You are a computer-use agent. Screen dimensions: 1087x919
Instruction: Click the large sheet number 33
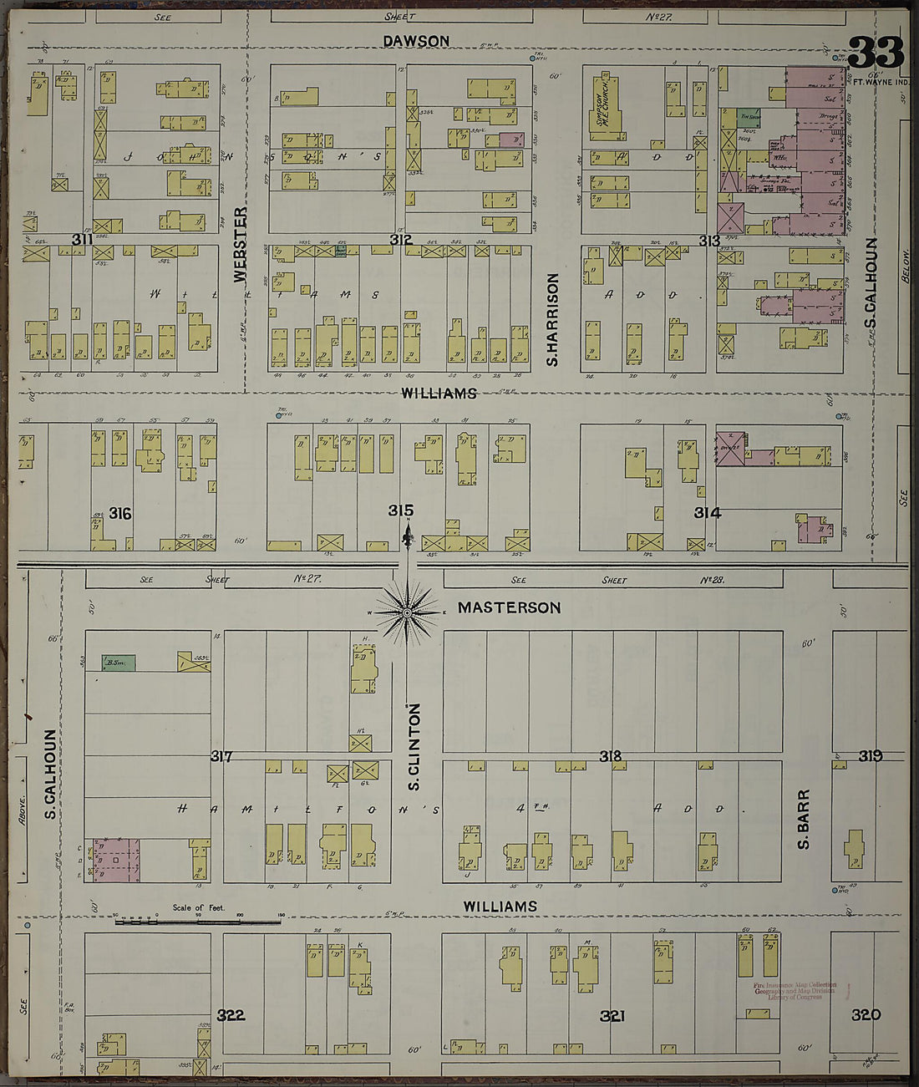[x=876, y=53]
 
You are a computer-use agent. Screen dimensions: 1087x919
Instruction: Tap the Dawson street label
[x=416, y=41]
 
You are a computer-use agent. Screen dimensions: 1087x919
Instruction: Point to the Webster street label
[x=241, y=244]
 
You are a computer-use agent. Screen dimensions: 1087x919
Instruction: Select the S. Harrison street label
[x=551, y=320]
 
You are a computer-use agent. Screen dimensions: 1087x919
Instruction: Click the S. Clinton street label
[x=414, y=746]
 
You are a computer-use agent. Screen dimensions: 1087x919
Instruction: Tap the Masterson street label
[x=509, y=607]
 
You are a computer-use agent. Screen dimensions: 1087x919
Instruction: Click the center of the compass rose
[x=407, y=613]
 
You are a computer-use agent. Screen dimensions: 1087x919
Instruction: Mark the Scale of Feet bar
[x=197, y=922]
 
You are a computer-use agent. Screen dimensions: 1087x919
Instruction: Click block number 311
[x=81, y=240]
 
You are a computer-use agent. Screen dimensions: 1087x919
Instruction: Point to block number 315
[x=400, y=510]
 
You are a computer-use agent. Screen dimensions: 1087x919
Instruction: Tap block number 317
[x=221, y=756]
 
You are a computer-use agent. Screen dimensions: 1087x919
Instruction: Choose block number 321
[x=612, y=1016]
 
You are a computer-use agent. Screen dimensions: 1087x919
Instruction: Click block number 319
[x=870, y=755]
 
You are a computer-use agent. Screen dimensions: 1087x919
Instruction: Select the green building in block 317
[x=118, y=663]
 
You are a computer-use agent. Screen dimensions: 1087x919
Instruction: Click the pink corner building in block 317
[x=116, y=861]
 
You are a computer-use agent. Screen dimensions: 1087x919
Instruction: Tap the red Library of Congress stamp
[x=795, y=991]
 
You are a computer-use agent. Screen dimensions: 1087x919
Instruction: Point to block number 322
[x=230, y=1015]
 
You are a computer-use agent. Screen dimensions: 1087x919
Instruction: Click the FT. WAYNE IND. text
[x=880, y=82]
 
